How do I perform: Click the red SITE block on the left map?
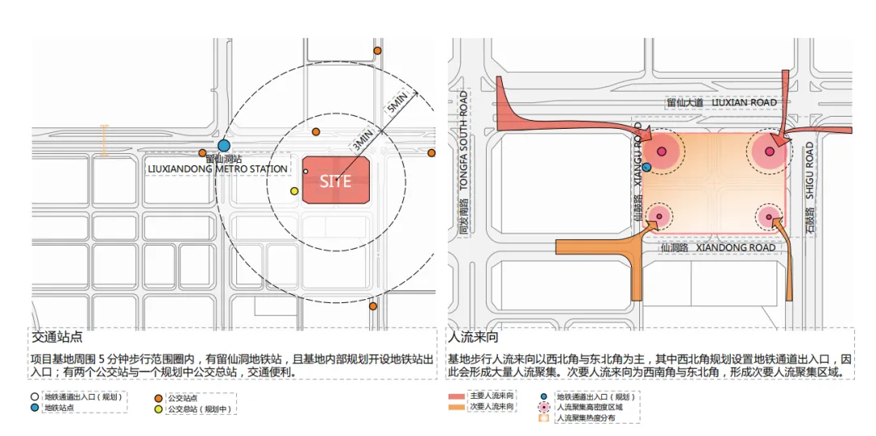click(x=337, y=181)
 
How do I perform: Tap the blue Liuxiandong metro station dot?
click(x=224, y=144)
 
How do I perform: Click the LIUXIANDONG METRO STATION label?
click(x=217, y=169)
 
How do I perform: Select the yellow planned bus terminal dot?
click(x=294, y=191)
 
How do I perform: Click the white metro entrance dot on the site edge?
click(x=305, y=172)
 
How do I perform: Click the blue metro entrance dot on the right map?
click(x=647, y=167)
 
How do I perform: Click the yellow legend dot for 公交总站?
click(x=159, y=408)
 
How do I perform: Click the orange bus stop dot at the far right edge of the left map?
click(x=431, y=152)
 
